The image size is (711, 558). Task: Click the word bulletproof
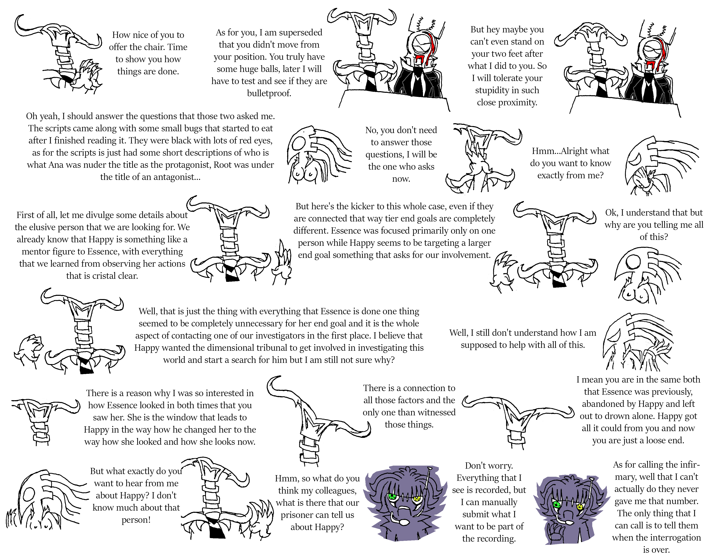(269, 93)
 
